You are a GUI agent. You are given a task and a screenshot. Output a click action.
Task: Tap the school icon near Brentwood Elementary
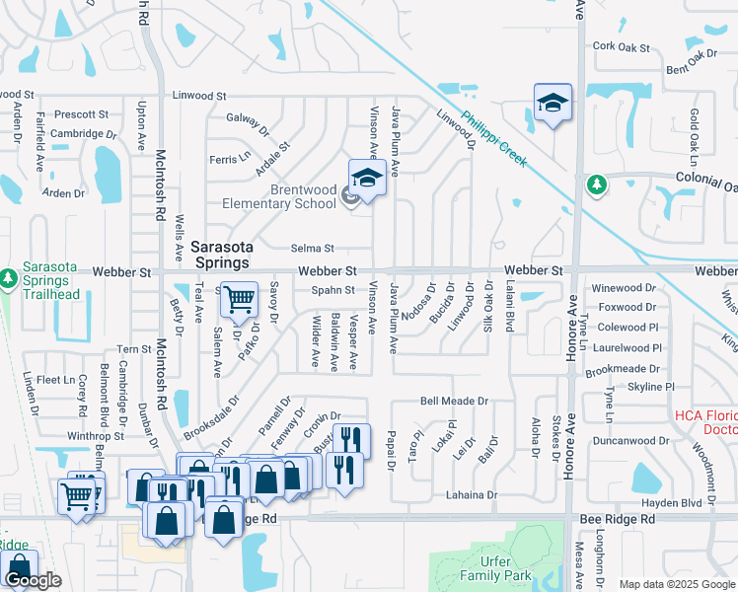pos(367,179)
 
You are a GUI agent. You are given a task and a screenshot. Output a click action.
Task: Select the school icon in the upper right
pos(553,103)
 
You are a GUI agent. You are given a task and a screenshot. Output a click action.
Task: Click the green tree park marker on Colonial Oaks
pos(596,185)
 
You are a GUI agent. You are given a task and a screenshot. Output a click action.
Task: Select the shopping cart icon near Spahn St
pos(238,298)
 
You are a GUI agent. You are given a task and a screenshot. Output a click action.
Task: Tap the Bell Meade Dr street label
pos(455,402)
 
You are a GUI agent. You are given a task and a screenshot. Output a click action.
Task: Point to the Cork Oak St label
pos(622,46)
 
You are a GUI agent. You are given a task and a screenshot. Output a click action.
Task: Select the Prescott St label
pos(81,114)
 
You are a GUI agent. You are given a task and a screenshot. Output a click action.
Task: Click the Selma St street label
pos(313,249)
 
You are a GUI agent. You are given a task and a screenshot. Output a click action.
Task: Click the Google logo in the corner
pos(34,581)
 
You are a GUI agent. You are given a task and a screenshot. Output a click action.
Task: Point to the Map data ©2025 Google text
pos(677,585)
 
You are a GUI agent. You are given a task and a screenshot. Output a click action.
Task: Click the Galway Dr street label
pos(249,123)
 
